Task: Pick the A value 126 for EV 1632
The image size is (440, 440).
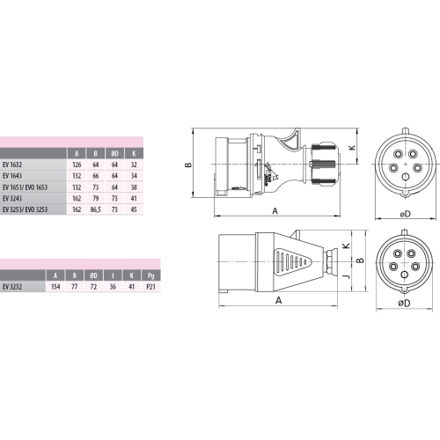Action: coord(77,164)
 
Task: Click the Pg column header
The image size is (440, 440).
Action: coord(152,274)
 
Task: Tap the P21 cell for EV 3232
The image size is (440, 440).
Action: coord(152,286)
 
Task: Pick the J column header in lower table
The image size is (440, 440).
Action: coord(114,274)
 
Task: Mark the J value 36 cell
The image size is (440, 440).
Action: coord(114,286)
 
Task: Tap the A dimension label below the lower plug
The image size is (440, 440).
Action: coord(277,299)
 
